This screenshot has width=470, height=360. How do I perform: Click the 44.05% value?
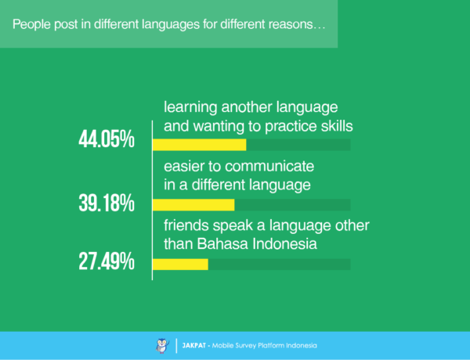[107, 140]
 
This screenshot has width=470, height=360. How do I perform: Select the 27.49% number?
[107, 262]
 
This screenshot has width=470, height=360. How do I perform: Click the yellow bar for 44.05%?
[199, 145]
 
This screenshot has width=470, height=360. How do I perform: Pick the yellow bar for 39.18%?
[193, 205]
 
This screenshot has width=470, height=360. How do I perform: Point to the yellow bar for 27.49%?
[180, 265]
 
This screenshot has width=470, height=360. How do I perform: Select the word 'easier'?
[185, 167]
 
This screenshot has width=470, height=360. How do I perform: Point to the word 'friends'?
[186, 227]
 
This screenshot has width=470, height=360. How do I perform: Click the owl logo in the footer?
[161, 345]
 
